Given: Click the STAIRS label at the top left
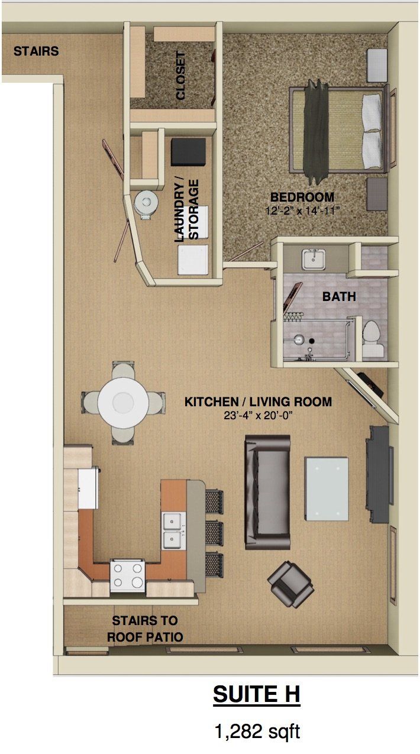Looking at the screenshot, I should (x=36, y=51).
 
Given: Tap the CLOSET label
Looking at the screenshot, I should (x=180, y=75).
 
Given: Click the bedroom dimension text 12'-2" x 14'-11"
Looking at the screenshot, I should (x=302, y=210).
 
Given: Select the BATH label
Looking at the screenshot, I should (x=339, y=297).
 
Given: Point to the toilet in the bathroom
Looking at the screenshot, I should (x=372, y=339).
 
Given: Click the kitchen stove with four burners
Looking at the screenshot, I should (x=128, y=575).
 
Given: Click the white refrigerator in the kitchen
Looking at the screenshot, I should (x=88, y=487).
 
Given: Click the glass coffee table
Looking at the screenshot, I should (x=327, y=488).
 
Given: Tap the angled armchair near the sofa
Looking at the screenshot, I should (x=290, y=583).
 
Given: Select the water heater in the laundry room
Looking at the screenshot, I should (x=146, y=203).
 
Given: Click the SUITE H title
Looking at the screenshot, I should (x=256, y=695).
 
